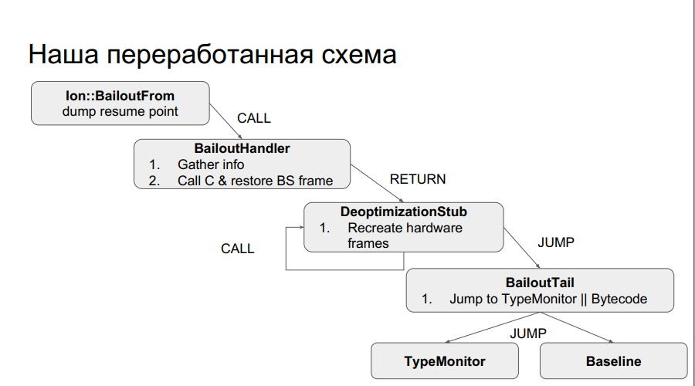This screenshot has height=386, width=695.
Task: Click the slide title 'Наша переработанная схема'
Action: [x=212, y=55]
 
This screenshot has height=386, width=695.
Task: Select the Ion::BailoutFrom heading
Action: [x=120, y=96]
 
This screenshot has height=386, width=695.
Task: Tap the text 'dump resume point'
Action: [x=120, y=111]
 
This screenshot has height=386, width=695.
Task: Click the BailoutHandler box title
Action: [x=242, y=148]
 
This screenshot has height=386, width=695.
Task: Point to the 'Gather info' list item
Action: [x=211, y=164]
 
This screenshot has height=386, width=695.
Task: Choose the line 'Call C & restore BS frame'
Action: [x=255, y=181]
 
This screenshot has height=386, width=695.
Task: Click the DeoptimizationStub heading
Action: [x=403, y=211]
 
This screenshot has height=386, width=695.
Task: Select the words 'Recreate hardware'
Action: [x=405, y=228]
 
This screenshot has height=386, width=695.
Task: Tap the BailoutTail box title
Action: [x=540, y=283]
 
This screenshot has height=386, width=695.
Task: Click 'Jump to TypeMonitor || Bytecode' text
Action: [x=548, y=299]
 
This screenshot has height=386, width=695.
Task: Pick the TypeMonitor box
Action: [x=445, y=361]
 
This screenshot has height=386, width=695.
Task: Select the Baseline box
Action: [x=613, y=361]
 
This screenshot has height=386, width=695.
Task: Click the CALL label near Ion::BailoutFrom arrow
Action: [x=254, y=118]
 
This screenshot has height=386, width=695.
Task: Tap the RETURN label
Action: [x=417, y=179]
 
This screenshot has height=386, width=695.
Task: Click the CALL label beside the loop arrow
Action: [x=237, y=249]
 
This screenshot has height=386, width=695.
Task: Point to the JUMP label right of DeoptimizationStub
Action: [x=555, y=242]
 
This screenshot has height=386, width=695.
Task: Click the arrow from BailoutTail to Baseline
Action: [x=581, y=327]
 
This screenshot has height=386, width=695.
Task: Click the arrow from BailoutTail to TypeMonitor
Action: [x=494, y=327]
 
